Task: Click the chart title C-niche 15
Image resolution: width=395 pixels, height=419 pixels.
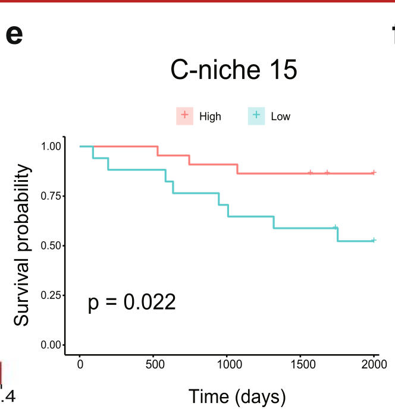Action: click(234, 71)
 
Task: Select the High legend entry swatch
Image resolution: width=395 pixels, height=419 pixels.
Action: click(184, 116)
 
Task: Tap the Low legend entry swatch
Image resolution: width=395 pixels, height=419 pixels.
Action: click(256, 116)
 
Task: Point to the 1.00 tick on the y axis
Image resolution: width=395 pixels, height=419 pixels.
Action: click(51, 146)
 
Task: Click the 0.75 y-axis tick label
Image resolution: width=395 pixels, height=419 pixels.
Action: click(51, 196)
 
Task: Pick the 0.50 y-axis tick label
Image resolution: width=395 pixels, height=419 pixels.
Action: click(51, 245)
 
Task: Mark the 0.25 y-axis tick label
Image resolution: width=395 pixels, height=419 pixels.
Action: click(51, 295)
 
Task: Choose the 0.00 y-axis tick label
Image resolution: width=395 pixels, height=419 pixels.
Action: click(51, 345)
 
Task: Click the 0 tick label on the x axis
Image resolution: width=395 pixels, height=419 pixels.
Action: click(80, 364)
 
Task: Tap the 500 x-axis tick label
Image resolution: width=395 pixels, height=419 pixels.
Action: click(153, 364)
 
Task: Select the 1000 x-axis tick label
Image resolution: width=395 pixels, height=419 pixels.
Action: click(227, 364)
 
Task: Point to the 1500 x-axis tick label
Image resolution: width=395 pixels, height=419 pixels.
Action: click(300, 364)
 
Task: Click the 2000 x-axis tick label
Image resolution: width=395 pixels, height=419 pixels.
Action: click(374, 364)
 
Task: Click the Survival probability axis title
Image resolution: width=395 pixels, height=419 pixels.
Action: click(22, 245)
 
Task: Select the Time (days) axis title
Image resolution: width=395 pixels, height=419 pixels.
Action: click(237, 396)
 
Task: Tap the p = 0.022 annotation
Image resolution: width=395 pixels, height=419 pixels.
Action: click(131, 302)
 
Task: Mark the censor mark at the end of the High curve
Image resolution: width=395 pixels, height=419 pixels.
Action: click(374, 173)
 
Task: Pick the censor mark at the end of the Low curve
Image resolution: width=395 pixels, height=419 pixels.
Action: click(374, 240)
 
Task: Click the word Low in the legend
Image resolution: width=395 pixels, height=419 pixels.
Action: click(281, 116)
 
